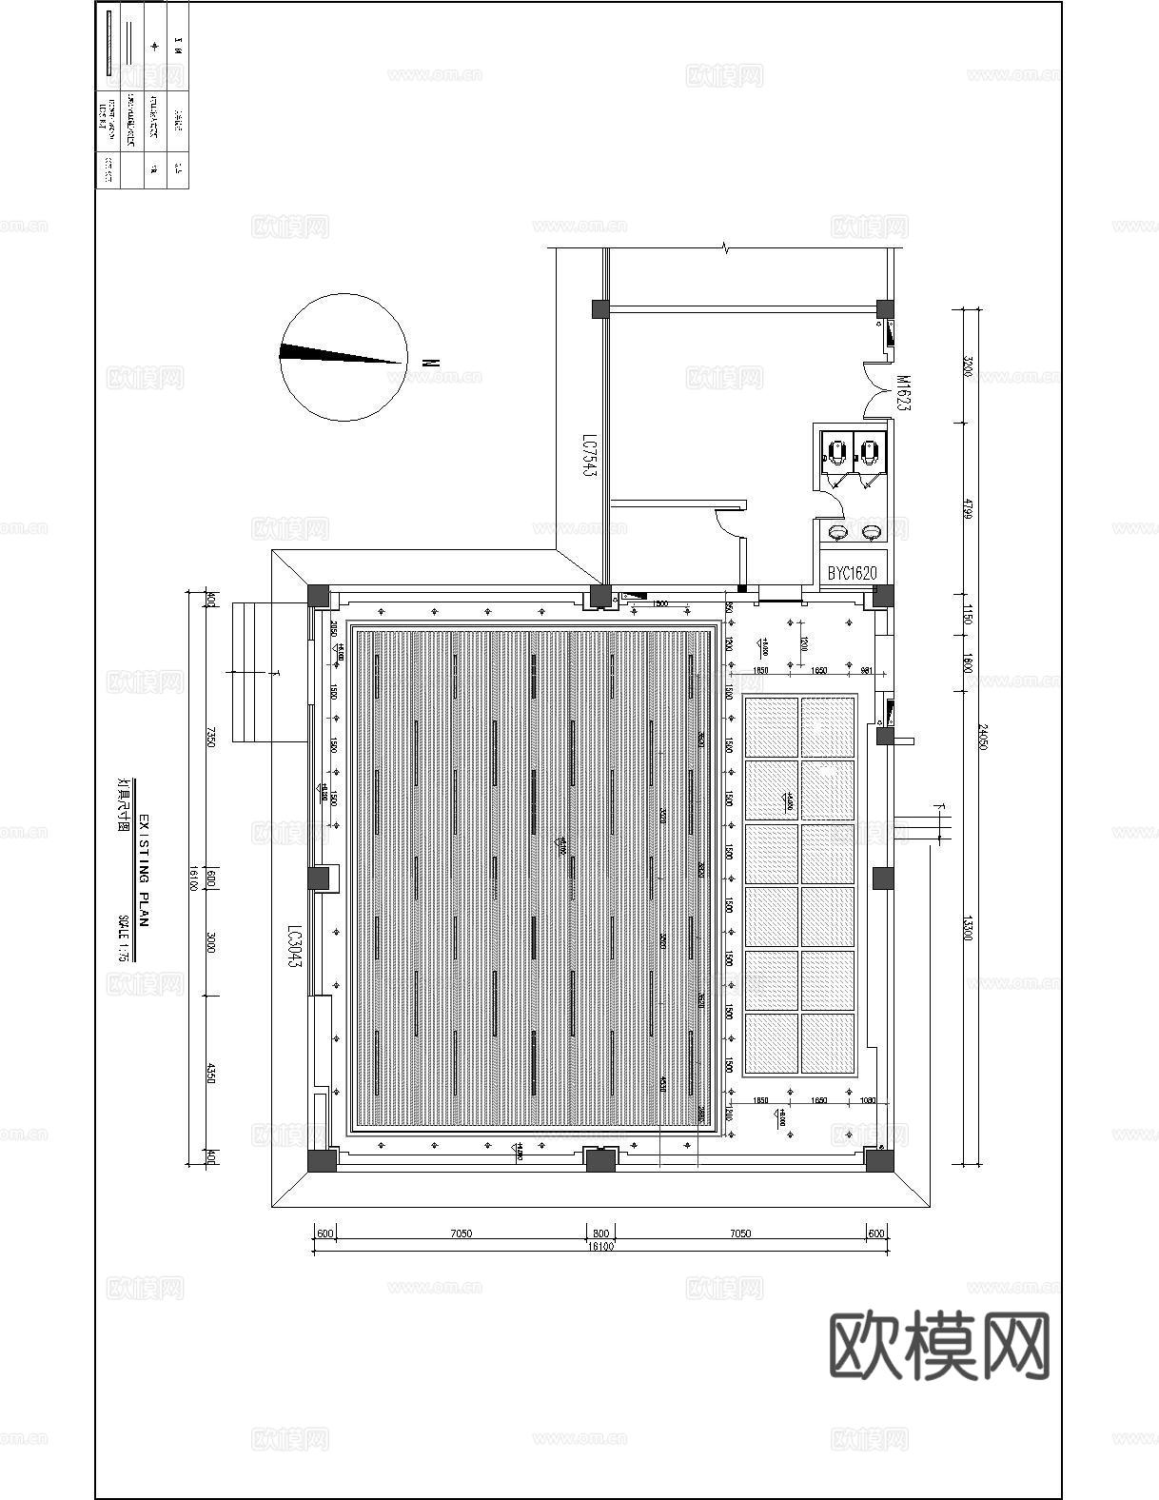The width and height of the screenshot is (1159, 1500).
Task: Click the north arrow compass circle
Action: [344, 357]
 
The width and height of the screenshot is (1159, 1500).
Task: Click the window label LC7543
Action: [589, 457]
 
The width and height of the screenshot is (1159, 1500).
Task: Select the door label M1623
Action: [903, 392]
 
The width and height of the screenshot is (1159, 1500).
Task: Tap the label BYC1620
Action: [852, 573]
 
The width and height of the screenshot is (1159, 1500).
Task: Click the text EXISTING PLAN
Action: [145, 871]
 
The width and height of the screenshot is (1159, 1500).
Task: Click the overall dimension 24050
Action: [983, 733]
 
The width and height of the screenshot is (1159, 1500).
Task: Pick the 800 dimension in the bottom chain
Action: [600, 1234]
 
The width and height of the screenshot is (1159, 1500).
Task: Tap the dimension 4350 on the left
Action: [211, 1076]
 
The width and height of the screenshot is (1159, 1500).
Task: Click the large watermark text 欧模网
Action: [939, 1345]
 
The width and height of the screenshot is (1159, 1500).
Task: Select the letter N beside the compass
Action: [430, 362]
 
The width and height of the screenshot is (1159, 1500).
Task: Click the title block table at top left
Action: [143, 95]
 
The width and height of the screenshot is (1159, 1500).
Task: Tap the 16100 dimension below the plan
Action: [600, 1246]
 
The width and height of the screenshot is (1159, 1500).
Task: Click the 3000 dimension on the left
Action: [211, 944]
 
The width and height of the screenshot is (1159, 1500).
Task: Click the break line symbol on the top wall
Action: [726, 248]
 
